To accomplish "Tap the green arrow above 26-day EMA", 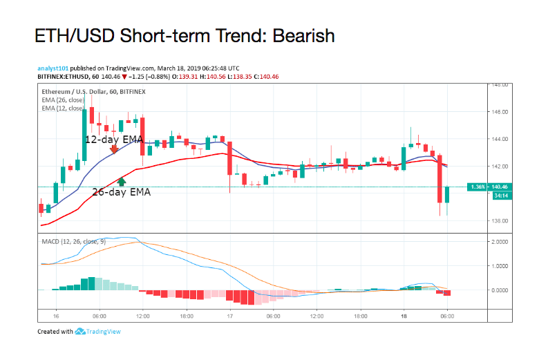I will (x=122, y=182).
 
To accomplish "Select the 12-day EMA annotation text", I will (x=113, y=139).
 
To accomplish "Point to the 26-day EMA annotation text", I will (x=121, y=192).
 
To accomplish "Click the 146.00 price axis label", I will (x=500, y=111).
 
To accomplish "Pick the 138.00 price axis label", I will (x=500, y=220).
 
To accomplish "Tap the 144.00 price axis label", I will (x=500, y=139).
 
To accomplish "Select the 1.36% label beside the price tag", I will (x=477, y=187).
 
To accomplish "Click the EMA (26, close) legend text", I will (x=62, y=100).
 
